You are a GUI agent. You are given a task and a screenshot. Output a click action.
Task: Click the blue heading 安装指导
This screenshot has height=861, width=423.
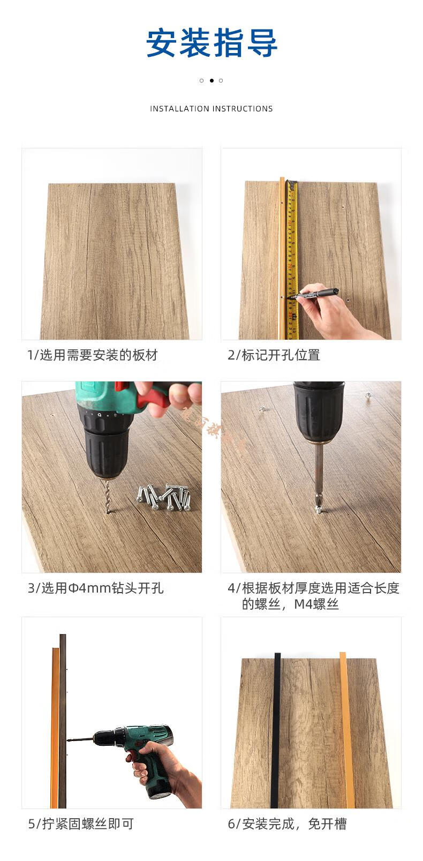(211, 43)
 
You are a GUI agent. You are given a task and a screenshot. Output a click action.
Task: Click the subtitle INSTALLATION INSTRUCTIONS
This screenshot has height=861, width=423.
(211, 109)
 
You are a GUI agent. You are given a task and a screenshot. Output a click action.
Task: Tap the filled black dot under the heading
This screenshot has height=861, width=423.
(211, 80)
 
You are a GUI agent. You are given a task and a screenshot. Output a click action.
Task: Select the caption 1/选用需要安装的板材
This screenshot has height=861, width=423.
(93, 355)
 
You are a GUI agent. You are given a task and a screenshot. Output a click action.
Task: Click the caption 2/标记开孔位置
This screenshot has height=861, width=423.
(274, 355)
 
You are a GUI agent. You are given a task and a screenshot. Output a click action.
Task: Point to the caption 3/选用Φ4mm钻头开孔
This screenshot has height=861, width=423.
(96, 588)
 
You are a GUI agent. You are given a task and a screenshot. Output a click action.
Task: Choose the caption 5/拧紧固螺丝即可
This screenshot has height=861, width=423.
(80, 823)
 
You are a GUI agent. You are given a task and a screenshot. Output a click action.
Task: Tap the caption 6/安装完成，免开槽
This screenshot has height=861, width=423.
(287, 823)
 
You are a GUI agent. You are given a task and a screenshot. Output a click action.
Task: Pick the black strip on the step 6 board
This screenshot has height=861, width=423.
(276, 729)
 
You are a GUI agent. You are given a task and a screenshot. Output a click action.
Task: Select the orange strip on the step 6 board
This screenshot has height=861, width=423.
(346, 729)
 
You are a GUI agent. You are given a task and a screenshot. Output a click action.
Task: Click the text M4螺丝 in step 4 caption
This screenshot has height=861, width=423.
(316, 604)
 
